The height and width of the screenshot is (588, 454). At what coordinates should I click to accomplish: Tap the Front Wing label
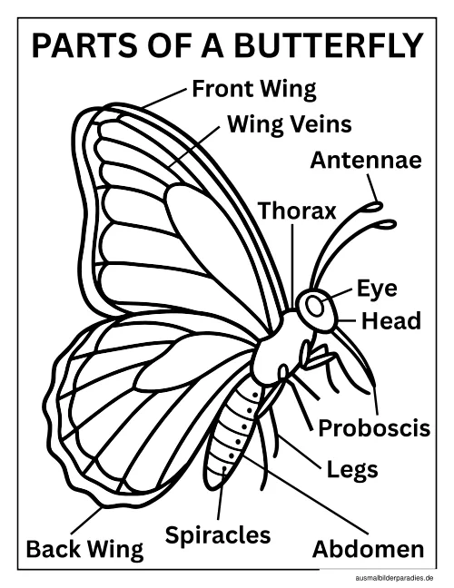point(254,90)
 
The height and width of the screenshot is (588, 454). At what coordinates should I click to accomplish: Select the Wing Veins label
point(290,124)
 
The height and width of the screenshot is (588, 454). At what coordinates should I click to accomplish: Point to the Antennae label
point(366,160)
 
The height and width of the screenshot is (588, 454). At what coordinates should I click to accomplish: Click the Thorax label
point(297,211)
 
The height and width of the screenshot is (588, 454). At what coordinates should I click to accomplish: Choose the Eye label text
point(376,289)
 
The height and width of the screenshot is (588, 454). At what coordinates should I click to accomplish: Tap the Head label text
point(391,321)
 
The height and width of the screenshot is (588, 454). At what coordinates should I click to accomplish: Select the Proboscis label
point(374,427)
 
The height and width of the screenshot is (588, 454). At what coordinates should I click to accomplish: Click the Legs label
point(352,470)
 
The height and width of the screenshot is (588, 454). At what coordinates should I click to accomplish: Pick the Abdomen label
point(368,549)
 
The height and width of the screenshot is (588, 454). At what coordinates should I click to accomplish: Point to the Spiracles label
point(218,535)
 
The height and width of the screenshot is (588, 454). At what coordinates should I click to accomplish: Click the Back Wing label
point(84,549)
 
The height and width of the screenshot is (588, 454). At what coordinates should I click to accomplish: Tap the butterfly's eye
point(314,306)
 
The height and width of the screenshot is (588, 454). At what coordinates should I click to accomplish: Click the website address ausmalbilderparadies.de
point(393,578)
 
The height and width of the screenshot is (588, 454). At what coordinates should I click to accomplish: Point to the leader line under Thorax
point(292,267)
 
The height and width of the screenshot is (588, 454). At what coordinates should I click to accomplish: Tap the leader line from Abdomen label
point(305,495)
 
